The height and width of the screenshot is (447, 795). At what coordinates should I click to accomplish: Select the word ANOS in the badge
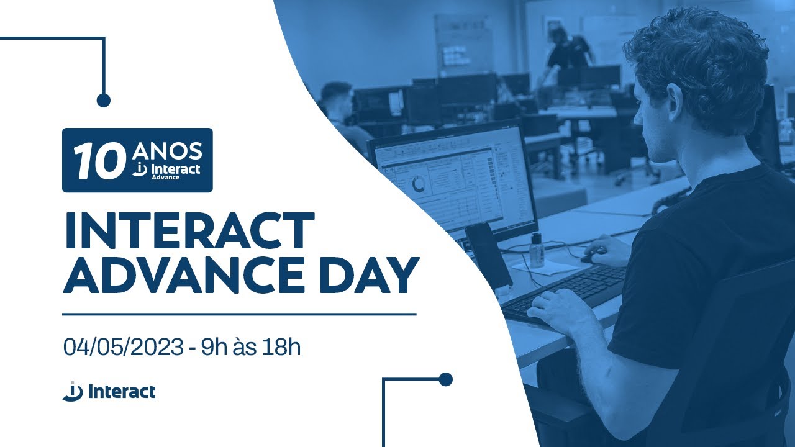[x=167, y=151]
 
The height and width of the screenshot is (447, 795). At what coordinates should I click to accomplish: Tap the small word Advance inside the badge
[x=165, y=178]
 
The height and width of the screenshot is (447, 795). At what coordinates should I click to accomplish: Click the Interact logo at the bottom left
[x=109, y=392]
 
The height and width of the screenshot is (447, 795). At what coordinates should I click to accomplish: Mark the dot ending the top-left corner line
[x=104, y=100]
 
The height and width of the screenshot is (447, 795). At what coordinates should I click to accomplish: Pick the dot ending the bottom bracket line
[x=445, y=379]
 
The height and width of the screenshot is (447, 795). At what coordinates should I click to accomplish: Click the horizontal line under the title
[x=239, y=314]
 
